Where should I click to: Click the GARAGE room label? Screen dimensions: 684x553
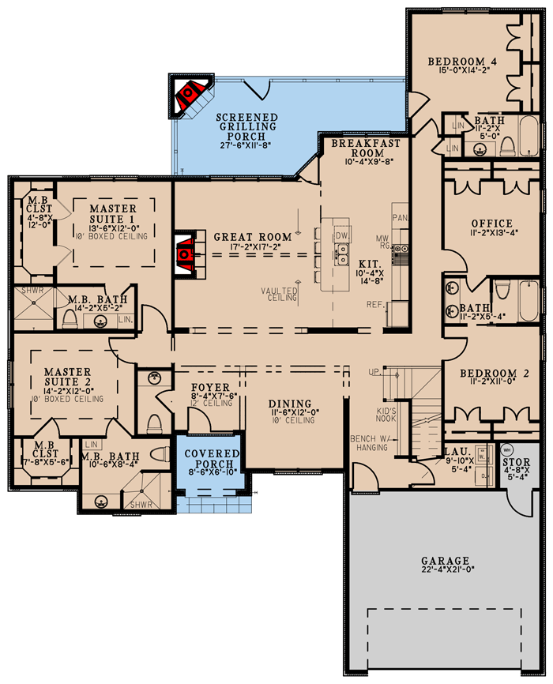(x=445, y=559)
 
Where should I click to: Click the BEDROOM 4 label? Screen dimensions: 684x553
(x=464, y=61)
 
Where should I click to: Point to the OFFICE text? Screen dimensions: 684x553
(x=491, y=224)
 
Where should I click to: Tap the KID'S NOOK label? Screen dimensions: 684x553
(x=385, y=416)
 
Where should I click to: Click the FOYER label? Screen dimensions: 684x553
(x=210, y=387)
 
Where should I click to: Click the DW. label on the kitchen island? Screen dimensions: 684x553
(x=341, y=235)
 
